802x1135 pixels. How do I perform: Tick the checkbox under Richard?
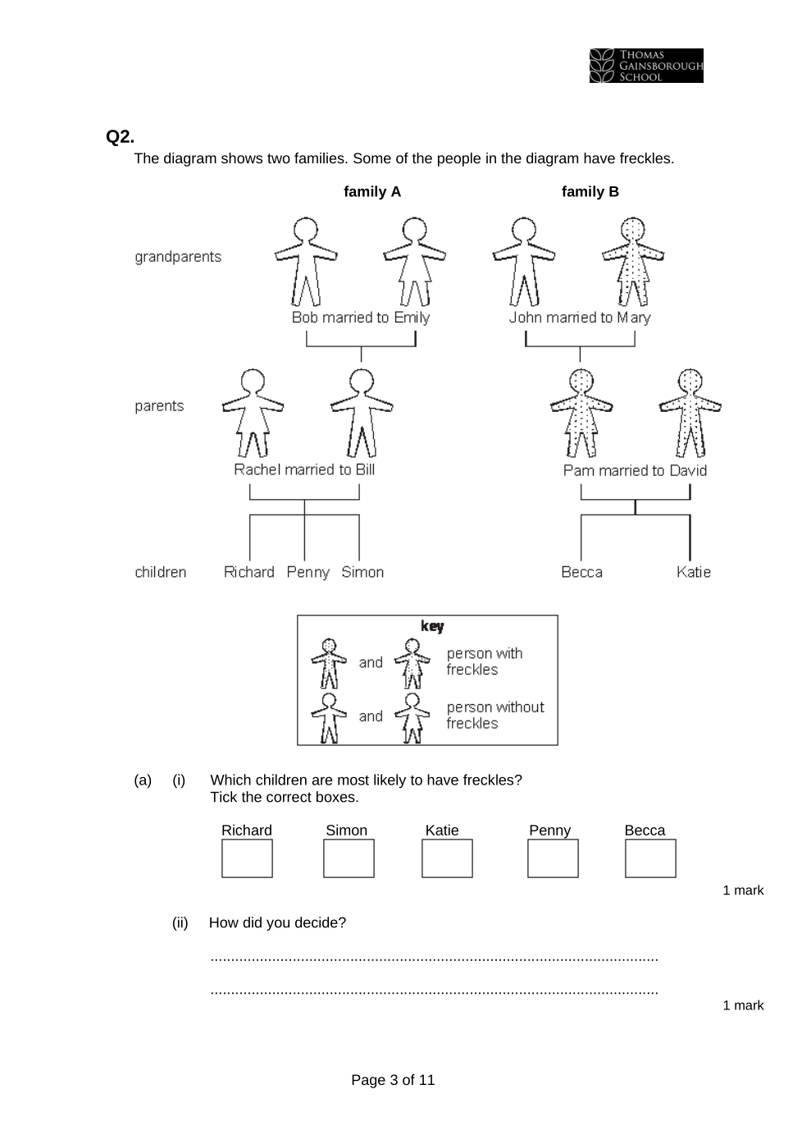[x=247, y=858]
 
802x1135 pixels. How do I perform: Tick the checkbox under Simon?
[x=349, y=858]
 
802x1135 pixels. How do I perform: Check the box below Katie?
[x=447, y=858]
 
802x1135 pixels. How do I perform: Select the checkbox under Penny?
[x=553, y=858]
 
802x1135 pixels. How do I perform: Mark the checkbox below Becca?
[x=650, y=858]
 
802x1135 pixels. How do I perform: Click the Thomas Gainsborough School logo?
[x=646, y=66]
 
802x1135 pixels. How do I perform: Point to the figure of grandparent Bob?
[x=306, y=261]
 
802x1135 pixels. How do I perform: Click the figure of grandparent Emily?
[x=415, y=261]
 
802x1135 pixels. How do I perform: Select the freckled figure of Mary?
[x=633, y=261]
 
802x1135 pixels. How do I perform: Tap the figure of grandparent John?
[x=524, y=261]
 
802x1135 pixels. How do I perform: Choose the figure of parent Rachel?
[x=253, y=412]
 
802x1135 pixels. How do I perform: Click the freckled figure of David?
[x=690, y=412]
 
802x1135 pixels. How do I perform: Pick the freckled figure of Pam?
[x=581, y=412]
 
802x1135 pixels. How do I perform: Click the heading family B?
[x=590, y=192]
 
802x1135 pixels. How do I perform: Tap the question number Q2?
[x=120, y=137]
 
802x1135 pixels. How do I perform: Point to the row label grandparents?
[x=178, y=257]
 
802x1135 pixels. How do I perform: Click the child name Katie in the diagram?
[x=693, y=572]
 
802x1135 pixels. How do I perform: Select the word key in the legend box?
[x=432, y=626]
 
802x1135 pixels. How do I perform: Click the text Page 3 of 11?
[x=393, y=1080]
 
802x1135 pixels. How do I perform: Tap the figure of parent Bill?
[x=362, y=412]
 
